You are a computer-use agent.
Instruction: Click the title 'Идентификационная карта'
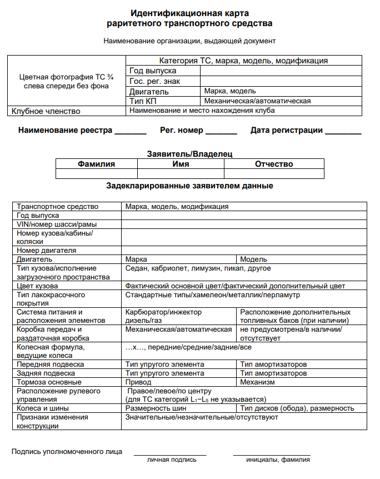point(189,13)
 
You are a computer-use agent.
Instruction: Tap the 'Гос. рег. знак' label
point(154,81)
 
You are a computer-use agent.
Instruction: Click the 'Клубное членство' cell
point(46,111)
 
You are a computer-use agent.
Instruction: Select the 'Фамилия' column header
point(96,164)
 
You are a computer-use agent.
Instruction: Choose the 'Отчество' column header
point(274,164)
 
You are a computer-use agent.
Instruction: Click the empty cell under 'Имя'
point(181,173)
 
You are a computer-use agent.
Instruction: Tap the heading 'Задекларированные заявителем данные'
point(189,186)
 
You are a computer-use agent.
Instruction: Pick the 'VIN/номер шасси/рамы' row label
point(57,224)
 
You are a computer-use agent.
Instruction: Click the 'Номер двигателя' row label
point(47,251)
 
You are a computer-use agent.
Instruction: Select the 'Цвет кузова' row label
point(38,286)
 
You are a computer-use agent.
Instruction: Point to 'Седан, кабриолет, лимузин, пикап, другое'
point(198,268)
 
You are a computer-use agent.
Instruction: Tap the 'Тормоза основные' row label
point(49,382)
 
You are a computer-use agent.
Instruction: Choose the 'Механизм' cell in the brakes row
point(257,382)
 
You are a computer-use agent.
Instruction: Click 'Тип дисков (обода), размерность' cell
point(297,408)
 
